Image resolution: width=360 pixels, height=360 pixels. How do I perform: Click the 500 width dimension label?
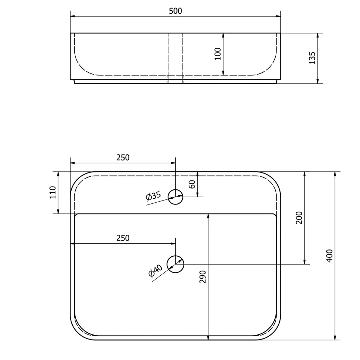[x=175, y=11]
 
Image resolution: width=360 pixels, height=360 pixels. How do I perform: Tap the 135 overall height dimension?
[x=312, y=58]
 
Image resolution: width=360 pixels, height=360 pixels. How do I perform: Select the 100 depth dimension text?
[x=218, y=54]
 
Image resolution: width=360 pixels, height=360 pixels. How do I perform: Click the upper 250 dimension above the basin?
[x=123, y=158]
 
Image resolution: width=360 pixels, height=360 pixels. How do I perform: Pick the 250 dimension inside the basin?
[x=123, y=238]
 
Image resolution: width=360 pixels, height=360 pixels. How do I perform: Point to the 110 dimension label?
[x=53, y=192]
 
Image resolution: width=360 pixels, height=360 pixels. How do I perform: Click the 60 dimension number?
[x=192, y=184]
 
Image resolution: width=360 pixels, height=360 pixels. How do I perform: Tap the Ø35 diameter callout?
[x=153, y=196]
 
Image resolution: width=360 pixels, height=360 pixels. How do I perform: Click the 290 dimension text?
[x=203, y=276]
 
